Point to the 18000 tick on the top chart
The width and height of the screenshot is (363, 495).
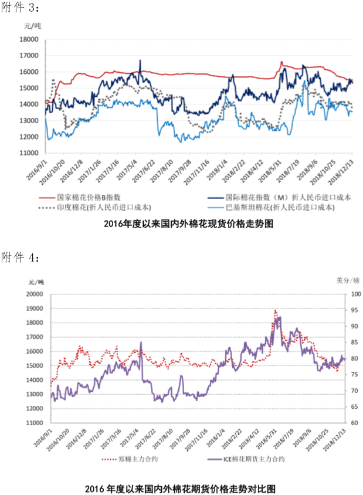[29, 40]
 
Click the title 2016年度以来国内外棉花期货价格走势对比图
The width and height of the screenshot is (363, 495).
[180, 488]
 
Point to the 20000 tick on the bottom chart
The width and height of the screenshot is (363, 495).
[36, 294]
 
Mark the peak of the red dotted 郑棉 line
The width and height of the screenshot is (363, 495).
[275, 310]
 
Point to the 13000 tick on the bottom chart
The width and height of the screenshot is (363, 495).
[36, 394]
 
